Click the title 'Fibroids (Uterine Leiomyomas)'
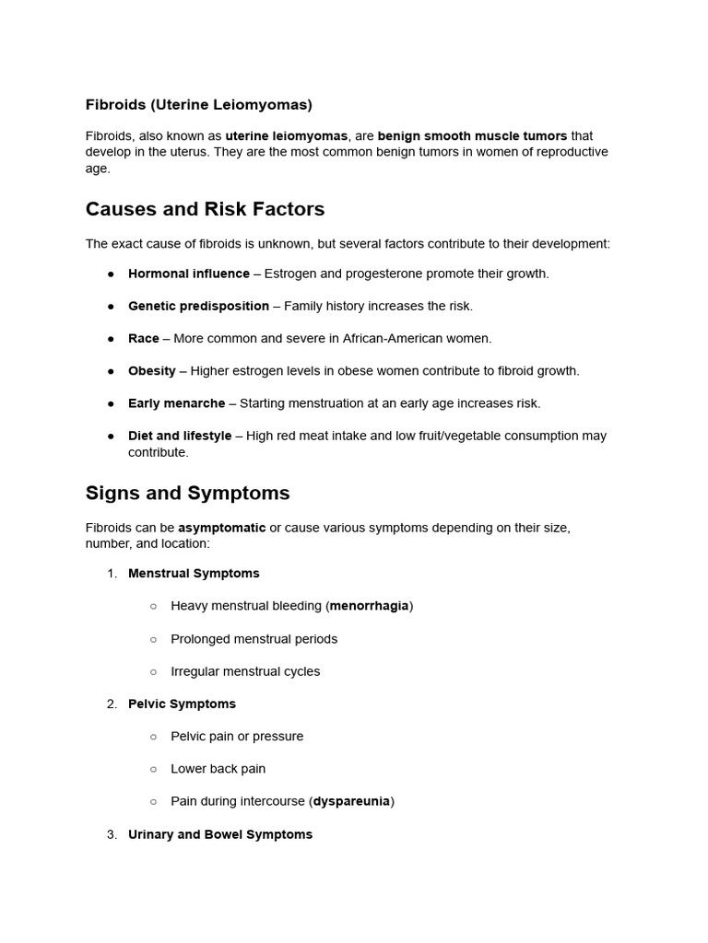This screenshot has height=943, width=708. coord(199,104)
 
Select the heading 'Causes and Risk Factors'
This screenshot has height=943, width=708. coord(205,209)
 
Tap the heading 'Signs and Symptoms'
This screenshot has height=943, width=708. coord(187,493)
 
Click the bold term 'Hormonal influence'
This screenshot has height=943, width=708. coord(189,274)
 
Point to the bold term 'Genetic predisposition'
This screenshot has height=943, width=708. coord(198,306)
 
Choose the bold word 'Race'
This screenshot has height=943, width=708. coord(144,338)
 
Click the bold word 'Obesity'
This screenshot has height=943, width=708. coord(152,370)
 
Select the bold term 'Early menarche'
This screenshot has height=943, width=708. coord(176,403)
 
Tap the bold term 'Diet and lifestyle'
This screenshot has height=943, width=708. coord(180,436)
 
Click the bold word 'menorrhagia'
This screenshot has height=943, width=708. coord(369,606)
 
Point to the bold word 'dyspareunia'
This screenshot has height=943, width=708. coord(351,801)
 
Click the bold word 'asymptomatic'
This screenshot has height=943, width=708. coord(221,528)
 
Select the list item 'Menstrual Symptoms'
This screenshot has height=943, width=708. coord(194,573)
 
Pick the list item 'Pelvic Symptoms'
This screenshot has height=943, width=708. coord(182,704)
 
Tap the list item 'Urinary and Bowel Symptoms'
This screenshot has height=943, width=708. coord(220,834)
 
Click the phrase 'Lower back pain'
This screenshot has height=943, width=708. coord(218,769)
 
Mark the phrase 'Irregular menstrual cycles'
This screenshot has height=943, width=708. coord(245,671)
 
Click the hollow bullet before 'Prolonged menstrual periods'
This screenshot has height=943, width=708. coord(153,639)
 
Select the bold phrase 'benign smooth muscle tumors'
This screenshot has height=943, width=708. coord(472,135)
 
